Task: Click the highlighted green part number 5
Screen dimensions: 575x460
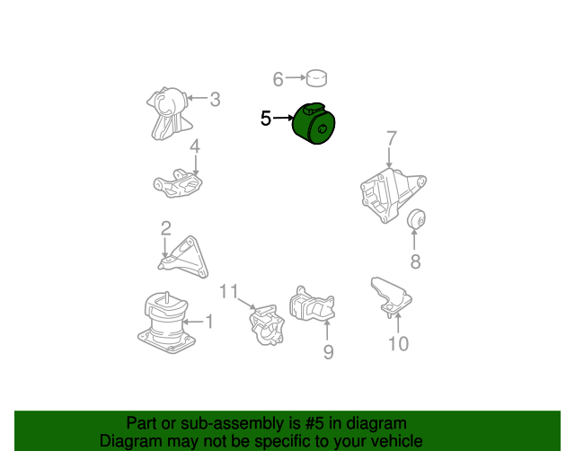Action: coord(314,124)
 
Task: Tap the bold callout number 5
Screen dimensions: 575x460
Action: coord(266,119)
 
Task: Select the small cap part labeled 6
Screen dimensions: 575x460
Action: coord(316,78)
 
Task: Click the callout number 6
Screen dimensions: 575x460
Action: coord(278,79)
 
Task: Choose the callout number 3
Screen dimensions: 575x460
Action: coord(215,100)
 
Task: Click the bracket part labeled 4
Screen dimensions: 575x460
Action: coord(178,183)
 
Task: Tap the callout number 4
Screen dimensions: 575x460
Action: coord(195,146)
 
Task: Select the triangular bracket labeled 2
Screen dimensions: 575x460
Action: coord(184,258)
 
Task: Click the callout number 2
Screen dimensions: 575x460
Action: coord(165,228)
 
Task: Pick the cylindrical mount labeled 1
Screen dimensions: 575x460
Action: coord(166,323)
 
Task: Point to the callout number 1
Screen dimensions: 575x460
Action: coord(209,322)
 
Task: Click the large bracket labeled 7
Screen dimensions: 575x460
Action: coord(393,195)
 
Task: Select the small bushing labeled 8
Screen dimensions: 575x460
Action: coord(416,219)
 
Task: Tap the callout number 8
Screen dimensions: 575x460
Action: coord(415,262)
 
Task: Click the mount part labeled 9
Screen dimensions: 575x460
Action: coord(312,304)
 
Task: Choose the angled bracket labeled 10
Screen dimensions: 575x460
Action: coord(392,296)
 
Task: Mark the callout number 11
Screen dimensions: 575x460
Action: coord(228,292)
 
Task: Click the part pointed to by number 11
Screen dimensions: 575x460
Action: coord(267,325)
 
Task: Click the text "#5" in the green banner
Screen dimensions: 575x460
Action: coord(314,423)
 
